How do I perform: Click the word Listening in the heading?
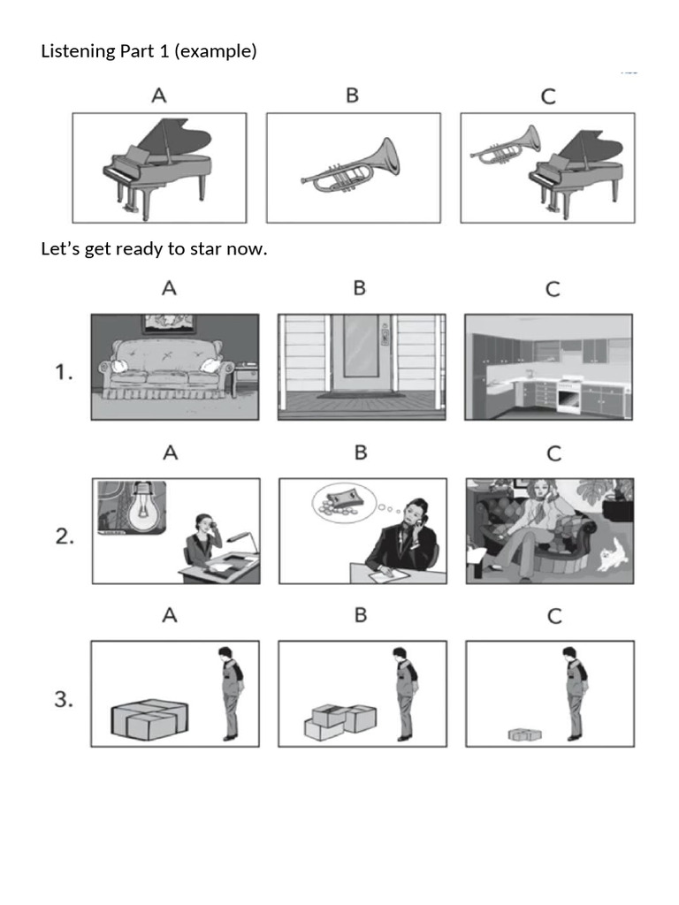(x=78, y=51)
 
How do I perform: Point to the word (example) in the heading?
(x=216, y=51)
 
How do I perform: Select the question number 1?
(x=64, y=372)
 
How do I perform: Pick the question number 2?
(x=65, y=536)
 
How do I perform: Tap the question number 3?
(x=64, y=699)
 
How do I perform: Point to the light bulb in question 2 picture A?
(x=133, y=508)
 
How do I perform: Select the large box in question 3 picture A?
(x=149, y=718)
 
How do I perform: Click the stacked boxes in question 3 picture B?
(x=340, y=720)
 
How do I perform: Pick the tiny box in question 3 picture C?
(x=522, y=734)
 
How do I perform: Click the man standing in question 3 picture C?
(x=575, y=693)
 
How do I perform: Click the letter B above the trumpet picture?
(x=352, y=95)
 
